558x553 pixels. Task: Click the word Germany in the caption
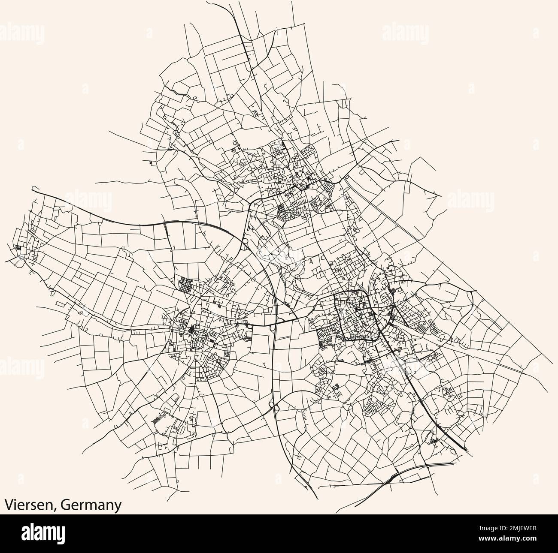[90, 505]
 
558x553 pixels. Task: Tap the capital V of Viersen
[9, 505]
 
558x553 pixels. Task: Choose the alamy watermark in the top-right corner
[403, 32]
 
